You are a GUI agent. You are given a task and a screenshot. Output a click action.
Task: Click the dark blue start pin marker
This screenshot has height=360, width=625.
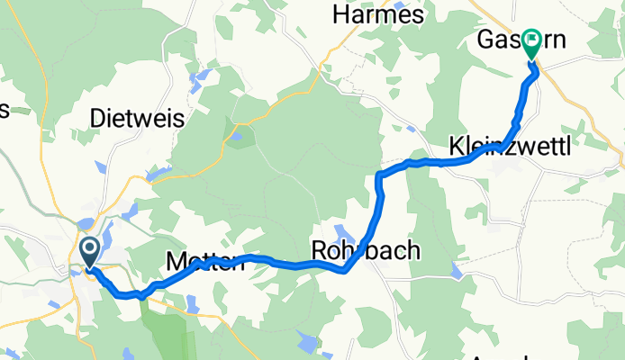point(90,249)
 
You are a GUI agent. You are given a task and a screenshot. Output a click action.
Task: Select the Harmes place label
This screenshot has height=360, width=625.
point(377,15)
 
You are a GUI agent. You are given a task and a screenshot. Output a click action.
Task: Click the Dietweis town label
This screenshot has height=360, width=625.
point(138,118)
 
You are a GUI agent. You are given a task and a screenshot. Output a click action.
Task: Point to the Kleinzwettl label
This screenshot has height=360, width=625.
point(509,146)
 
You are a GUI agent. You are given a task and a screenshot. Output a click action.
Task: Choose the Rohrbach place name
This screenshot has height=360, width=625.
point(365,250)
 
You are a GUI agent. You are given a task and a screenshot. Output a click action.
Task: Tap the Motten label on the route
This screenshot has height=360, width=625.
point(204,263)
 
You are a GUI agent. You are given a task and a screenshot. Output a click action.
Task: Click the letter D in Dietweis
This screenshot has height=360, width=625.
point(99,118)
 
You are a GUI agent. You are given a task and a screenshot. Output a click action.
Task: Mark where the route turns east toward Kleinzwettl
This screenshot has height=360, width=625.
point(379,171)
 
